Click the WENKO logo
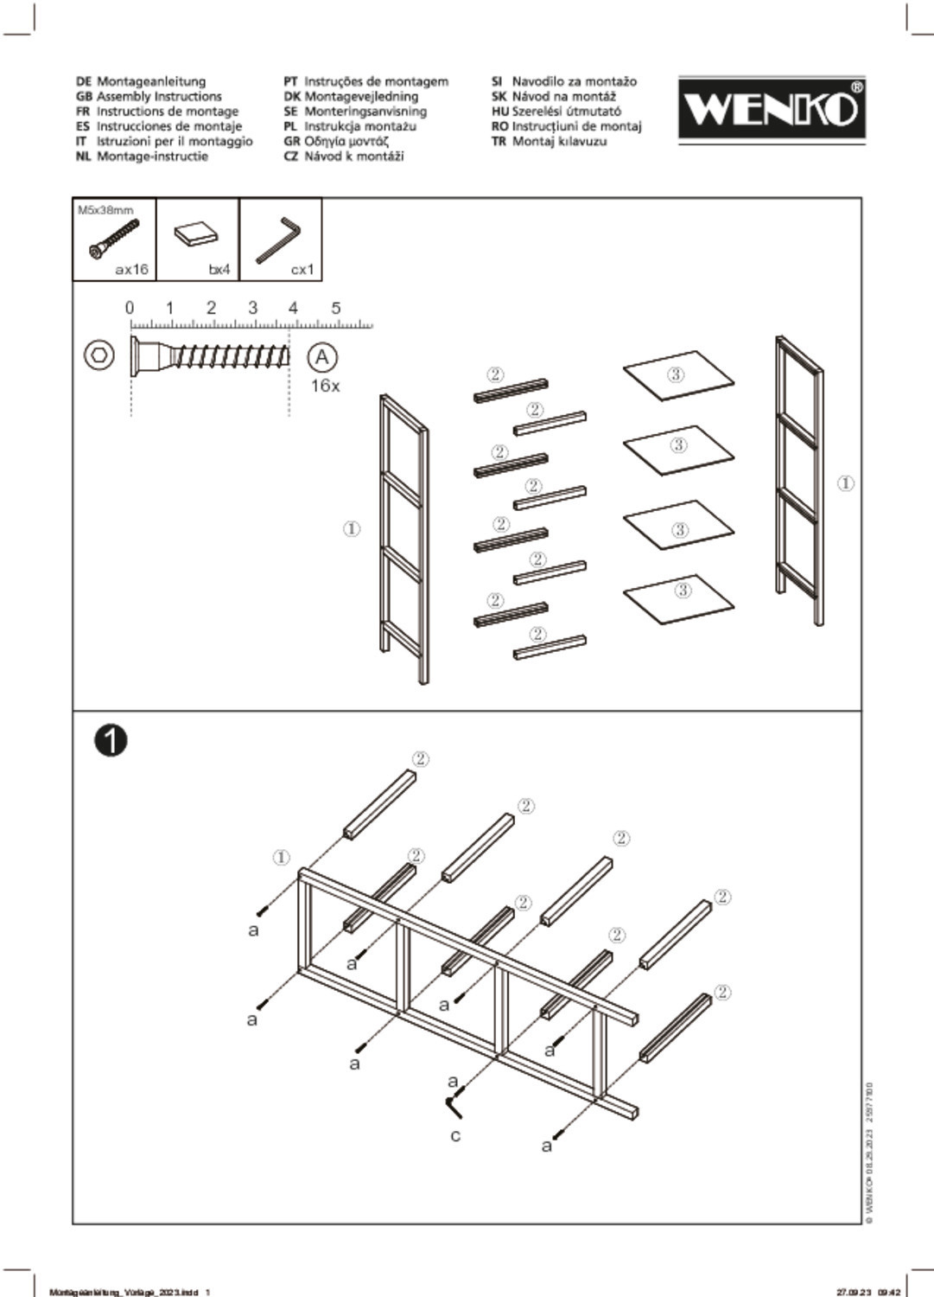click(x=771, y=108)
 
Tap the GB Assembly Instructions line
click(x=149, y=97)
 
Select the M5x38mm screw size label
click(x=105, y=210)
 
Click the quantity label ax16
click(x=131, y=270)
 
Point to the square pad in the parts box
click(x=196, y=234)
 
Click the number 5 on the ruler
click(x=336, y=308)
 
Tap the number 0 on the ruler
click(x=130, y=308)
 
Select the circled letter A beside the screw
click(x=322, y=357)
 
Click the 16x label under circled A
click(x=325, y=387)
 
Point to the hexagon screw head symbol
click(x=99, y=355)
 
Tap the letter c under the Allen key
click(x=455, y=1135)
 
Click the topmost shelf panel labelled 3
click(x=678, y=375)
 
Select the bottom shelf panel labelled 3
click(x=679, y=597)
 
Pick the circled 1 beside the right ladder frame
click(x=846, y=483)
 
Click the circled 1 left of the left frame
click(x=352, y=528)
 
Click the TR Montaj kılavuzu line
click(x=550, y=142)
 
